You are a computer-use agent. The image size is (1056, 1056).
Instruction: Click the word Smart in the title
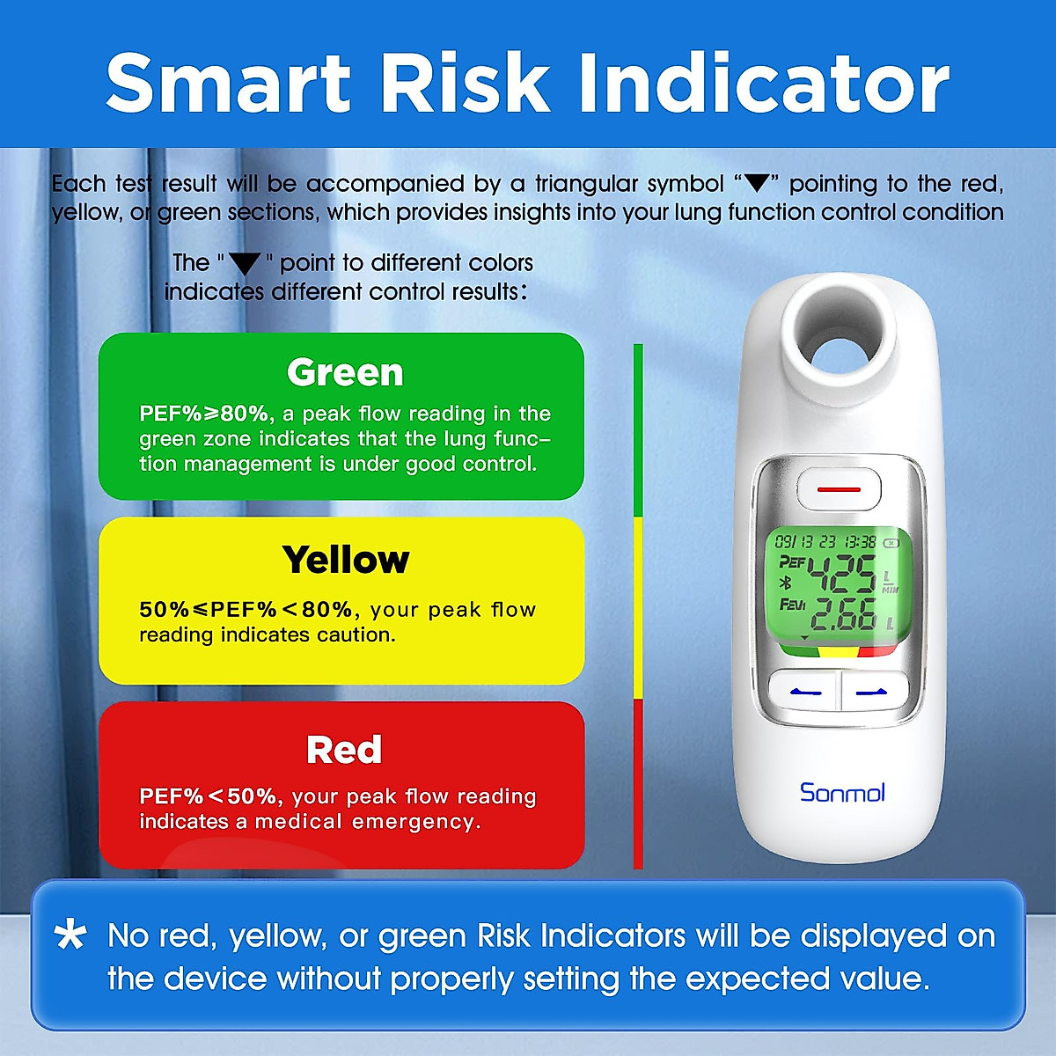point(227,84)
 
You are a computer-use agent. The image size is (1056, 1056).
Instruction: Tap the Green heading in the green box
point(345,372)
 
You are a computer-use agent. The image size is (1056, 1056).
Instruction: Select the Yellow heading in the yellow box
point(345,560)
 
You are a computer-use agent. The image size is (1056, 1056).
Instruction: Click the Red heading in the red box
point(344,750)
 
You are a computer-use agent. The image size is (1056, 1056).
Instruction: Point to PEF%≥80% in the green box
point(206,414)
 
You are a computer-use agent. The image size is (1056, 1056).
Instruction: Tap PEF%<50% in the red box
point(209,796)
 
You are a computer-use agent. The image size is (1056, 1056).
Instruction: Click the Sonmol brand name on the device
point(842,793)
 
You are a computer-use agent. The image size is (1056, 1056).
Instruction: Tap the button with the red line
point(839,488)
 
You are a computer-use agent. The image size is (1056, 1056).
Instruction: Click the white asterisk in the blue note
point(70,935)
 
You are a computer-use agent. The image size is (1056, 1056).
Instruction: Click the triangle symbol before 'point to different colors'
point(244,263)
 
